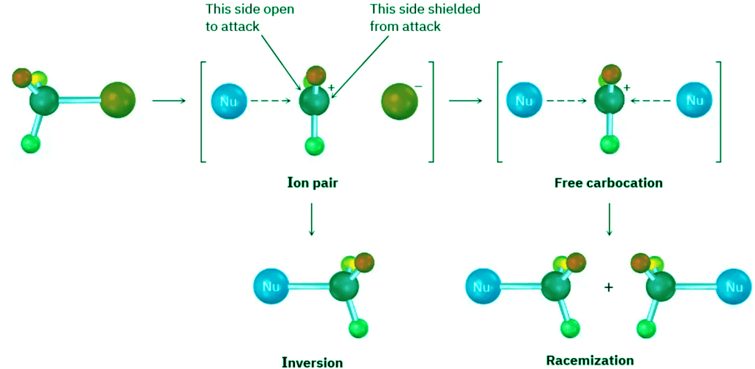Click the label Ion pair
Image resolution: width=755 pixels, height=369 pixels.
click(x=312, y=182)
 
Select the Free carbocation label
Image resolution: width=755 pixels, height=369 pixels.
click(x=608, y=182)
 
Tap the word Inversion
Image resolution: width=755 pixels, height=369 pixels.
click(x=312, y=362)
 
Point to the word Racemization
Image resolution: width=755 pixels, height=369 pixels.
click(x=590, y=360)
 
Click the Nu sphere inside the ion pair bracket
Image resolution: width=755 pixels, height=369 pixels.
click(x=229, y=101)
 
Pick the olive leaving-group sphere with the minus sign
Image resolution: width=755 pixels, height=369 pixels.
click(x=400, y=101)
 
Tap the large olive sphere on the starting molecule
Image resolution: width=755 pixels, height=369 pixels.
click(x=118, y=100)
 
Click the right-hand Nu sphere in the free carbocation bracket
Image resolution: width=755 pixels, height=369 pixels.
click(x=694, y=100)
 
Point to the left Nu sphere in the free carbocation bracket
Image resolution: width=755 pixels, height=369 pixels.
click(x=524, y=100)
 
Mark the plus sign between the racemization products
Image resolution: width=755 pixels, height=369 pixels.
click(x=609, y=287)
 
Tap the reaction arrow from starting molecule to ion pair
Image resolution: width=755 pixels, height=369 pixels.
click(x=168, y=100)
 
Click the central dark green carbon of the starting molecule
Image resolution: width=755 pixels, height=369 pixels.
click(x=46, y=101)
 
